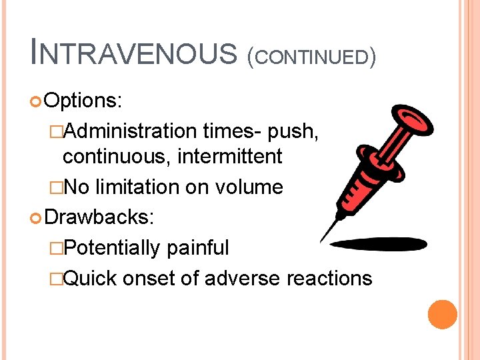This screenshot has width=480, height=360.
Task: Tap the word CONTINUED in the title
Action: [311, 57]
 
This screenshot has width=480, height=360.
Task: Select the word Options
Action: [83, 101]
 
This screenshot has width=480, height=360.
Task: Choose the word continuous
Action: [109, 157]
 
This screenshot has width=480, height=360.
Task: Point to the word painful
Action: [198, 248]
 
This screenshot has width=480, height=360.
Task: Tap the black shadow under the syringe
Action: [379, 245]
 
